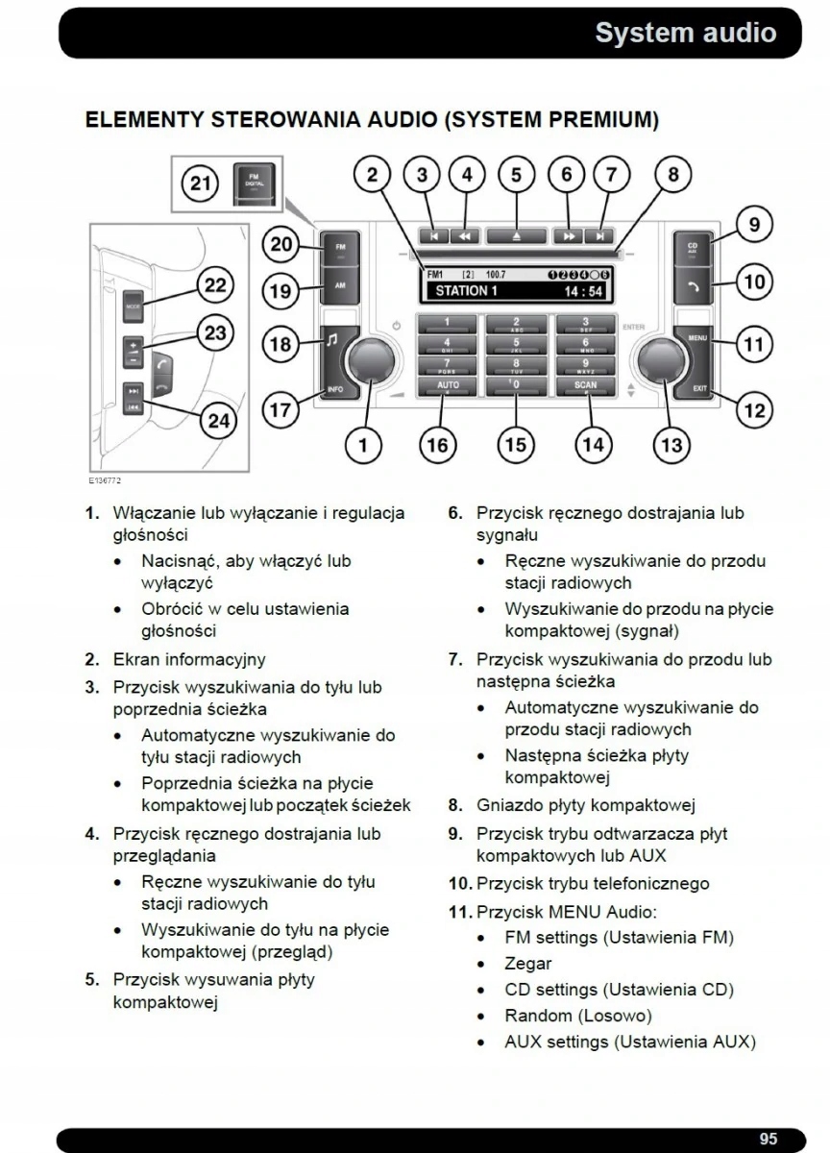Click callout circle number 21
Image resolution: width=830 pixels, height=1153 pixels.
200,183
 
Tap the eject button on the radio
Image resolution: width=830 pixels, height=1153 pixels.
516,234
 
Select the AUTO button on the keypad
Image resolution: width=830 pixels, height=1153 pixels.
448,386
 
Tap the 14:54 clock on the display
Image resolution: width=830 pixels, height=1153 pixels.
583,291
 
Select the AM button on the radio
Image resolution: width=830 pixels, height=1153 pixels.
340,286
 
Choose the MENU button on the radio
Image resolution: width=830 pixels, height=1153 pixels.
696,339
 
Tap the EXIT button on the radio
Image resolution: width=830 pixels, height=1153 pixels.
698,389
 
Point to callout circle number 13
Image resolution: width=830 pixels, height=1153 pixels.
671,444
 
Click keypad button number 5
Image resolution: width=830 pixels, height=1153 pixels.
516,343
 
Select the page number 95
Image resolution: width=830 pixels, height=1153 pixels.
768,1139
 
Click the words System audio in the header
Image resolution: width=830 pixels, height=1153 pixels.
685,33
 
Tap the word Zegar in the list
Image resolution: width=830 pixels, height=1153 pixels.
528,964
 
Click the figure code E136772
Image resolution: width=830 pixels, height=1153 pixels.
105,479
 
